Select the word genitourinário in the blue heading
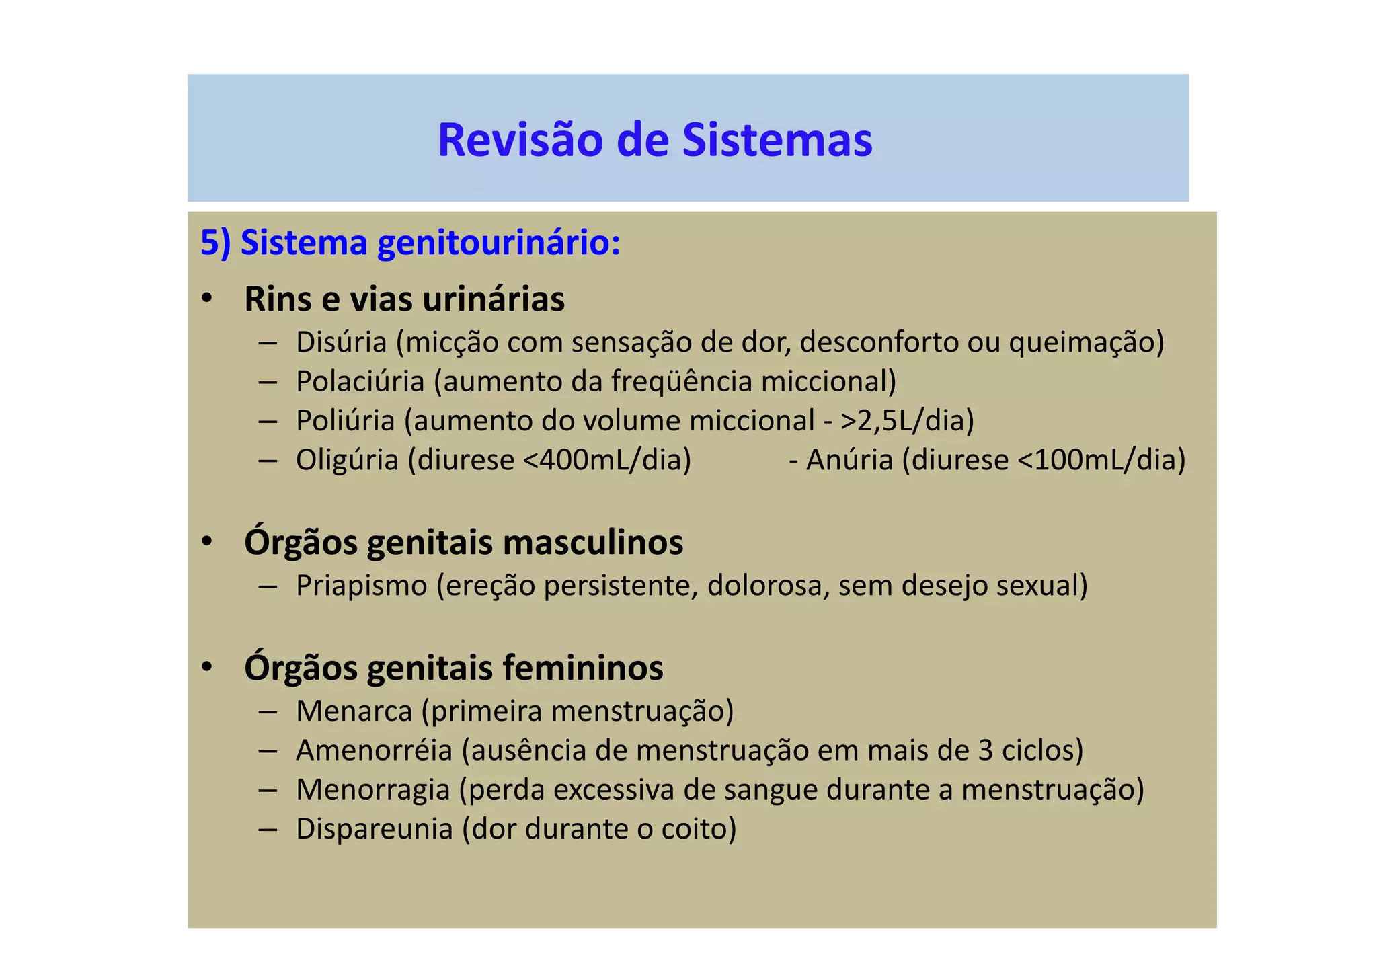click(x=498, y=243)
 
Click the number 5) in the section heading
click(x=215, y=243)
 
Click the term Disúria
click(x=342, y=342)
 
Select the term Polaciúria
click(x=360, y=381)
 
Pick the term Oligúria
click(x=348, y=460)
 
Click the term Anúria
click(x=850, y=460)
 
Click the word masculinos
click(x=592, y=543)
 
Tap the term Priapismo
click(x=362, y=586)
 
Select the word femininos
click(x=582, y=668)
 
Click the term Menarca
click(x=354, y=711)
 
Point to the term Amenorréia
click(x=374, y=750)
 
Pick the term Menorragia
click(x=372, y=789)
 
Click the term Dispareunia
click(x=374, y=828)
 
